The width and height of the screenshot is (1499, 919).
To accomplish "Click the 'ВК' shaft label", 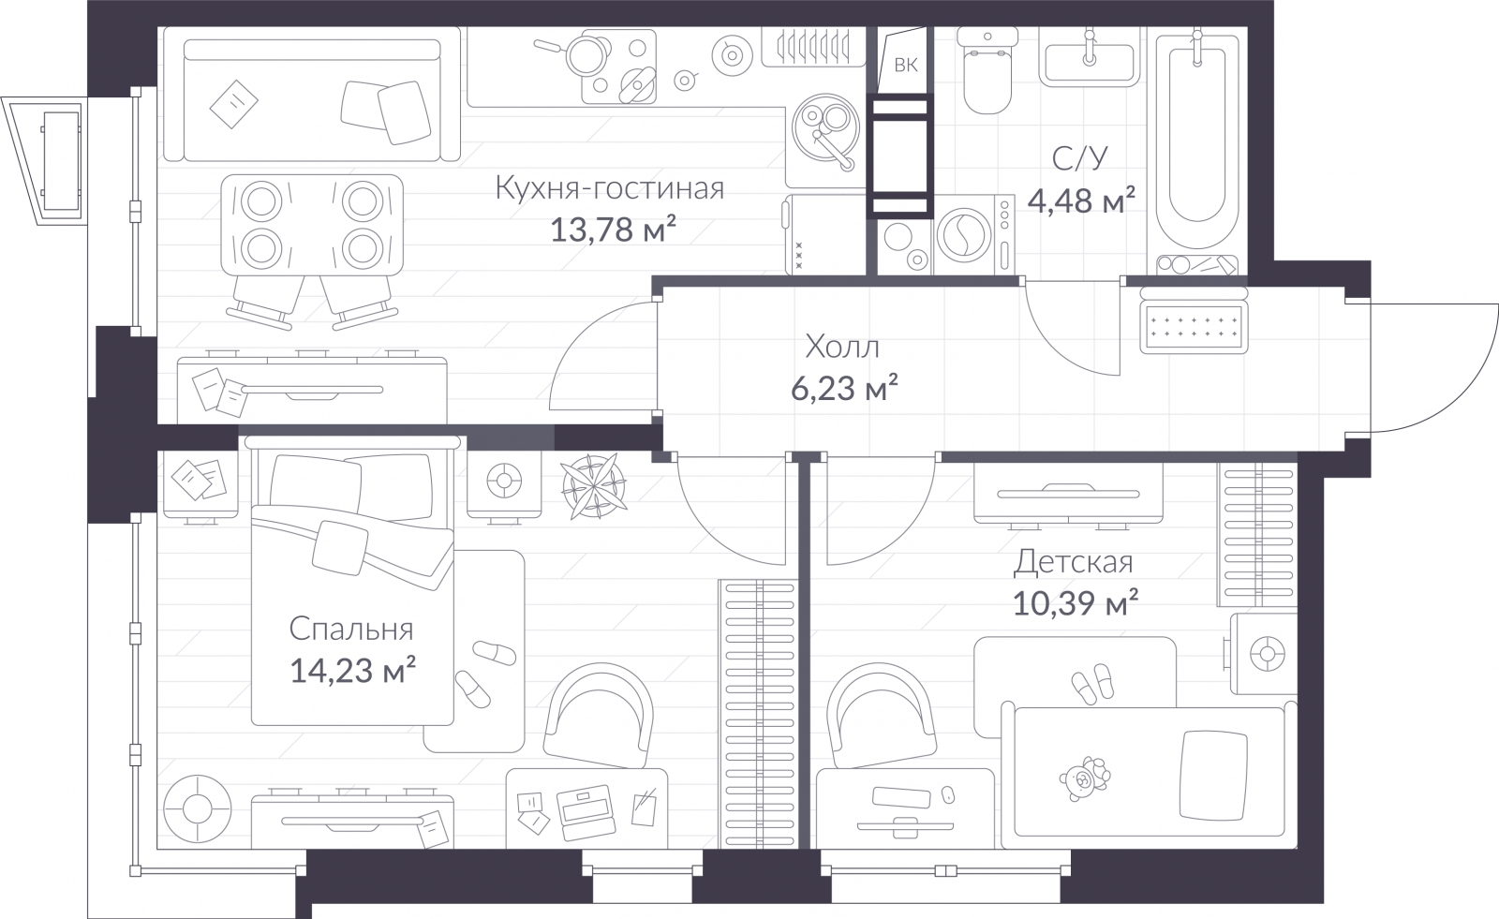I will pyautogui.click(x=905, y=65).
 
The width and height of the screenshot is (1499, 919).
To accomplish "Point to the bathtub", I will pyautogui.click(x=1195, y=141).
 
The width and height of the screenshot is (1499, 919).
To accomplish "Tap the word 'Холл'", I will pyautogui.click(x=841, y=348).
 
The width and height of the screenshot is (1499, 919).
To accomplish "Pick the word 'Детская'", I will pyautogui.click(x=1073, y=562).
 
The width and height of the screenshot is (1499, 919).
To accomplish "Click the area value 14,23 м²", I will pyautogui.click(x=352, y=670).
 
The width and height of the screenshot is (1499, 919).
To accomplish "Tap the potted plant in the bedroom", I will pyautogui.click(x=594, y=485).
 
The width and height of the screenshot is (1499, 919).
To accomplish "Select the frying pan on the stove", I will pyautogui.click(x=586, y=52).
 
